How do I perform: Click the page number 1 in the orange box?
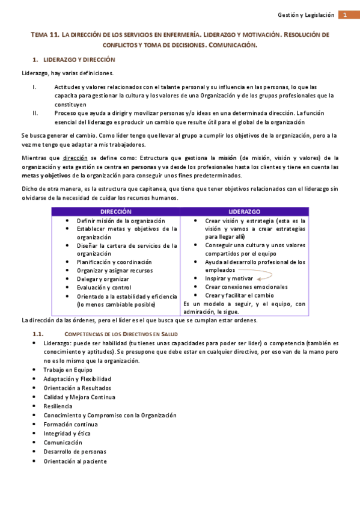[x=346, y=15]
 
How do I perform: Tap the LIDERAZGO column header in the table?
[x=245, y=212]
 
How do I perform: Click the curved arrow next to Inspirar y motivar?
[x=263, y=277]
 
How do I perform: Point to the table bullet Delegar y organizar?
[x=103, y=279]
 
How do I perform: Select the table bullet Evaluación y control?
[x=103, y=287]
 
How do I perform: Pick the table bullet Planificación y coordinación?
[x=114, y=262]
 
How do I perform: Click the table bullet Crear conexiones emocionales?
[x=246, y=287]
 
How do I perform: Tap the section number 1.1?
[x=38, y=334]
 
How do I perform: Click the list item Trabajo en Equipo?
[x=67, y=370]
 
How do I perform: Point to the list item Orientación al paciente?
[x=75, y=461]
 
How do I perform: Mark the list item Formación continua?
[x=70, y=424]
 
